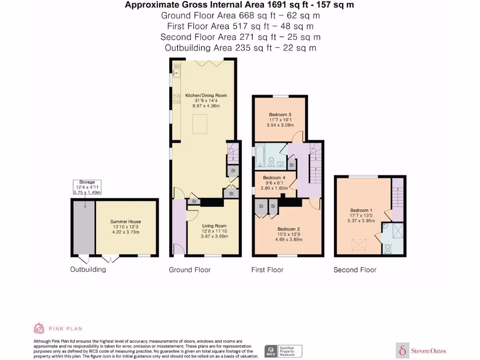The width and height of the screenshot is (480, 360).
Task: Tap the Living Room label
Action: [214, 225]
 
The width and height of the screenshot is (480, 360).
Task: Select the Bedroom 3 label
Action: [280, 114]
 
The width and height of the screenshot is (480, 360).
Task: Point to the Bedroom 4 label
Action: [274, 178]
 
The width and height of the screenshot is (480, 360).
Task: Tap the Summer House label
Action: [126, 221]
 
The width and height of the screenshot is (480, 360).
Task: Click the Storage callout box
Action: [87, 187]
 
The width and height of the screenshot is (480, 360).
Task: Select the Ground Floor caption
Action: [190, 270]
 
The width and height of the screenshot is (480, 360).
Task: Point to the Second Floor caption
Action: [355, 270]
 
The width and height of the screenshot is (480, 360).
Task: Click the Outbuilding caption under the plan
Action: [88, 269]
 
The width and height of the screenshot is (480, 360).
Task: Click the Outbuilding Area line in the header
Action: [240, 48]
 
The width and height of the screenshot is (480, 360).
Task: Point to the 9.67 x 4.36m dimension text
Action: [206, 106]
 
